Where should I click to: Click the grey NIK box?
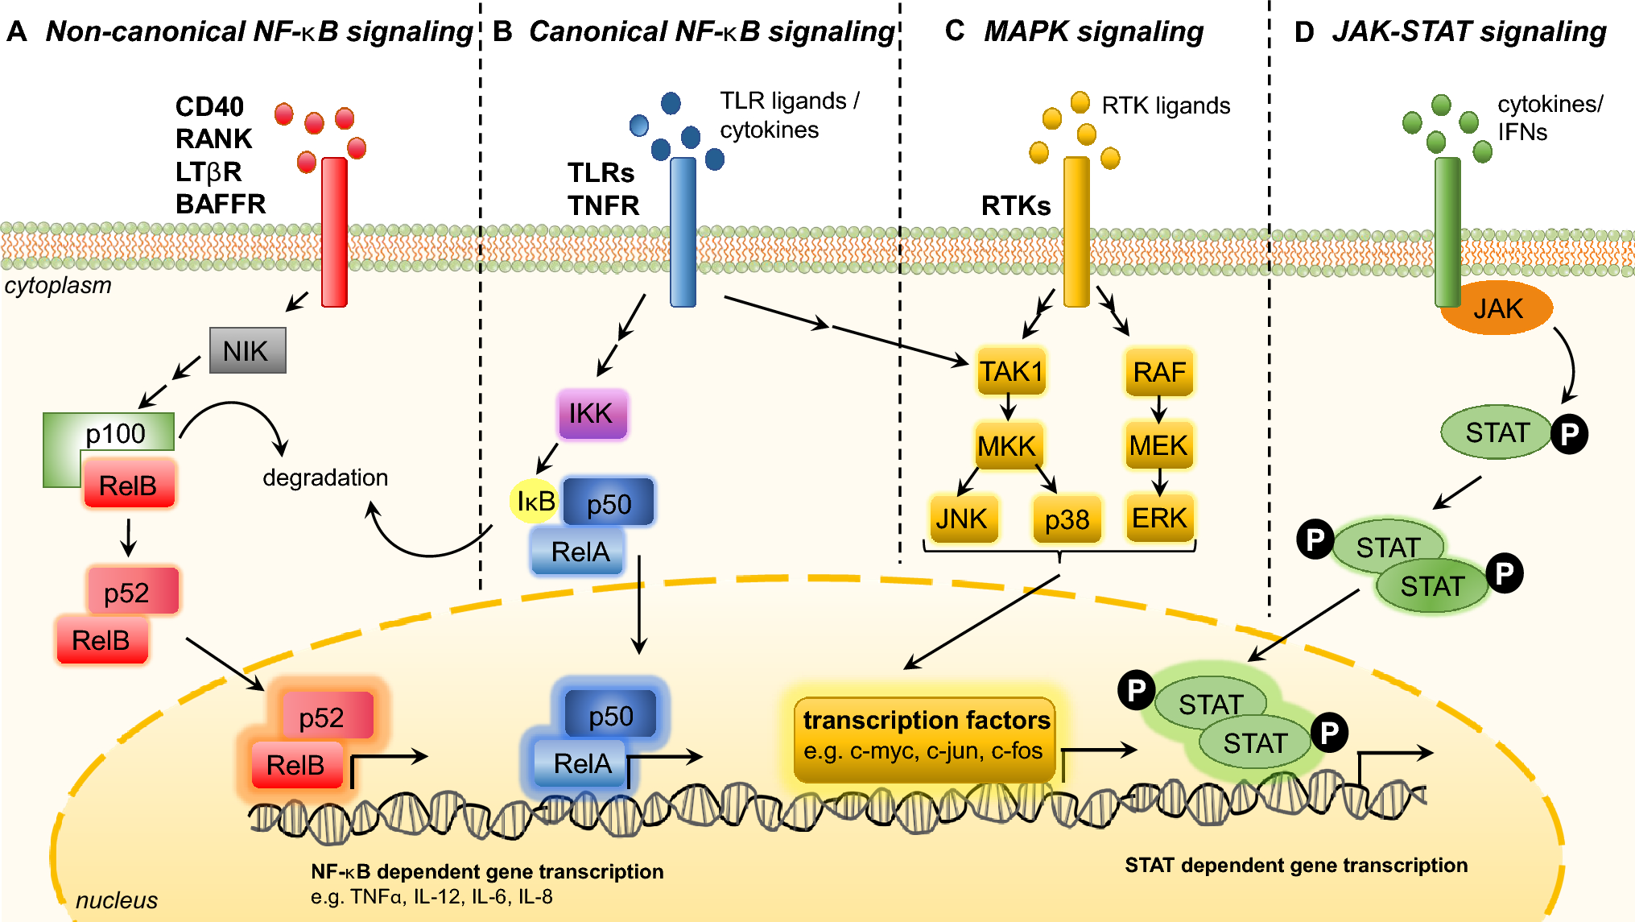click(247, 350)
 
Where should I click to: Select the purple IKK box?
click(592, 414)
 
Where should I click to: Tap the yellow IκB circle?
click(534, 501)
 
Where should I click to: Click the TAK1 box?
click(1011, 372)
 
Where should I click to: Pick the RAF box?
click(1159, 372)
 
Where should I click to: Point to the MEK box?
click(1158, 445)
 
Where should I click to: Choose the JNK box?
click(962, 519)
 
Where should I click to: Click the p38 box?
click(1067, 519)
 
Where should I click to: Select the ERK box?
click(1159, 518)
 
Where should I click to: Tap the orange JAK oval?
click(1497, 308)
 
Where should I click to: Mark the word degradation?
click(325, 478)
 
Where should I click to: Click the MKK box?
click(1006, 445)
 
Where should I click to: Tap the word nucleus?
click(116, 900)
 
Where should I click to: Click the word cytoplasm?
click(58, 285)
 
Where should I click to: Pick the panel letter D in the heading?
click(1303, 32)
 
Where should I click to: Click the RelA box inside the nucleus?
click(582, 763)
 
